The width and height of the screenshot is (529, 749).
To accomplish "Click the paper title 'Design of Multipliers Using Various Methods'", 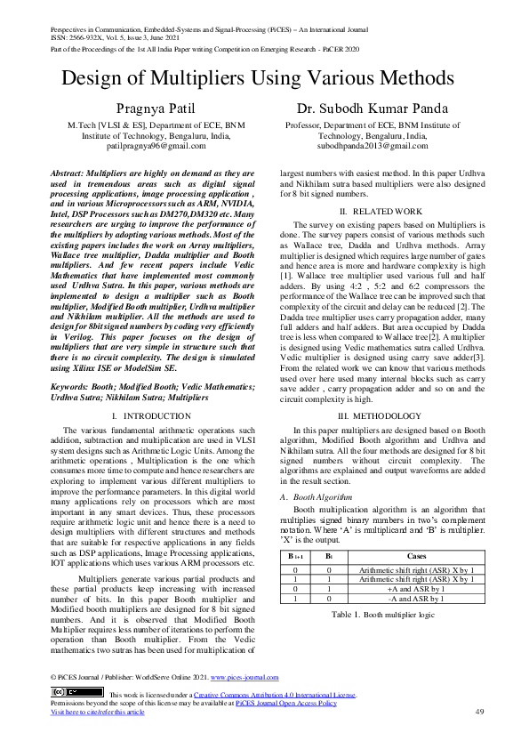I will pos(264,78).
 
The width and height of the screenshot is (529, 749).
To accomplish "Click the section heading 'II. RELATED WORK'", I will pos(382,211).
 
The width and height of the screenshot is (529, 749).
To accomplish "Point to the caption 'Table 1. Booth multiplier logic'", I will pos(382,615).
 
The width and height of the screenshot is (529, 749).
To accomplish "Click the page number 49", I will pos(479,712).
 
